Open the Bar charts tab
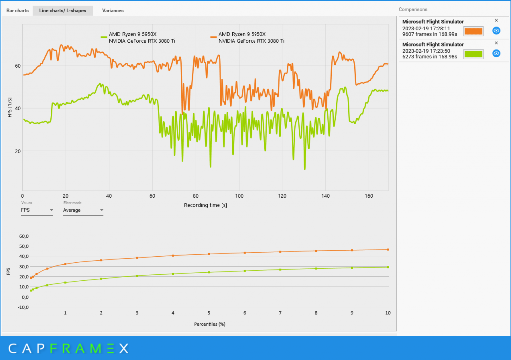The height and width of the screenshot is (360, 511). [x=17, y=11]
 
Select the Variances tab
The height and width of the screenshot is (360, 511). [x=113, y=11]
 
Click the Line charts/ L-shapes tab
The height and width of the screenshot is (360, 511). [x=63, y=11]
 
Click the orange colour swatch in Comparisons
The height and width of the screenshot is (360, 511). [x=473, y=31]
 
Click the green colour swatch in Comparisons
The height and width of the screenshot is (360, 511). [x=473, y=54]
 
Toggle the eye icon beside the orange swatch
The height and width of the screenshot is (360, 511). [x=496, y=31]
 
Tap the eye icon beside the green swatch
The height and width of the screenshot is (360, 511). [x=496, y=53]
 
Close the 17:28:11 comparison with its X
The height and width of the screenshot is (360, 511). [x=497, y=20]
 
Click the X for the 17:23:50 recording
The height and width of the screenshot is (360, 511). [x=497, y=43]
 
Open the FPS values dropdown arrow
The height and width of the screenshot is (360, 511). [x=51, y=210]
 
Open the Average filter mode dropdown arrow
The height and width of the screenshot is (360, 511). [x=102, y=210]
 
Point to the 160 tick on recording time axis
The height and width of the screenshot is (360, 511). [x=369, y=196]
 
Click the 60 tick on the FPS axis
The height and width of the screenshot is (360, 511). [x=18, y=66]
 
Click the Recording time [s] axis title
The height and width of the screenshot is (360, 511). [x=205, y=205]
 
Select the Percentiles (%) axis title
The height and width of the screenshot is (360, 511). [x=210, y=324]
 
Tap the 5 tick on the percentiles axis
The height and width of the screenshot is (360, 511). [x=209, y=313]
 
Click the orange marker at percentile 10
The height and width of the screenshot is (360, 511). [x=388, y=250]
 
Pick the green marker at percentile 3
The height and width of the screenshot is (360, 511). [x=137, y=276]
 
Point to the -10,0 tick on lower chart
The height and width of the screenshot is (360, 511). [x=24, y=307]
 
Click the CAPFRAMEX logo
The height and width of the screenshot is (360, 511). [x=68, y=348]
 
